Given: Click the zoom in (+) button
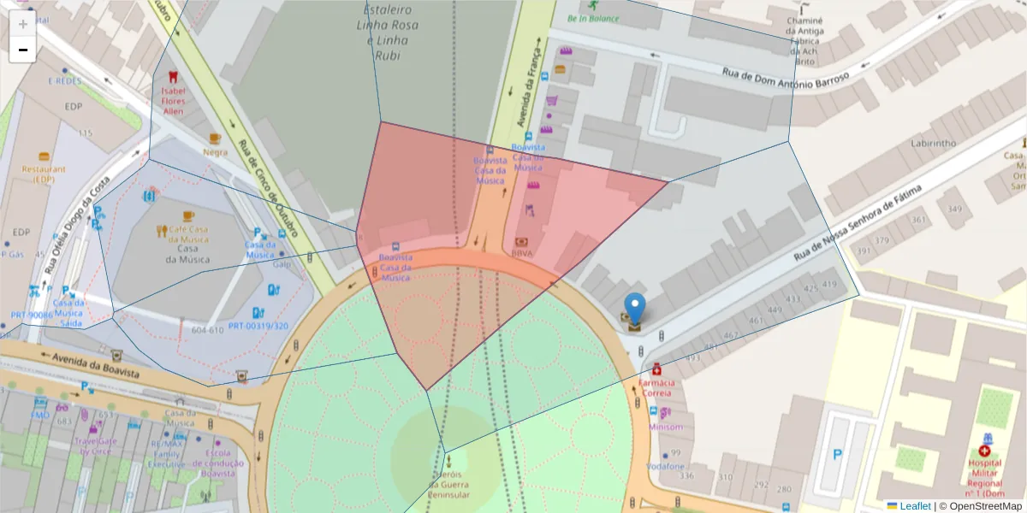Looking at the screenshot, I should [23, 24].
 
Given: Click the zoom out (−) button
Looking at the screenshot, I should [23, 50].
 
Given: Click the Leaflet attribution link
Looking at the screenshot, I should [915, 506].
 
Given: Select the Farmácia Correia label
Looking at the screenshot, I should [656, 387].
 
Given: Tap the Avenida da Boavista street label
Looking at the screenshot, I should [95, 366].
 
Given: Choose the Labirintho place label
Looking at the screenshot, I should [933, 144].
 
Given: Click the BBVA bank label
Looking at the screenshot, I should [521, 253].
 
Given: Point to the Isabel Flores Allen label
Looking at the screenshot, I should [173, 101].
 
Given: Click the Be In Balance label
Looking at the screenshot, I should [592, 18].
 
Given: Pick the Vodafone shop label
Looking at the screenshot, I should [665, 467].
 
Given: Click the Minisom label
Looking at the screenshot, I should [666, 427].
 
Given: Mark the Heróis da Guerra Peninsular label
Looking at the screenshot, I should [448, 484].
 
